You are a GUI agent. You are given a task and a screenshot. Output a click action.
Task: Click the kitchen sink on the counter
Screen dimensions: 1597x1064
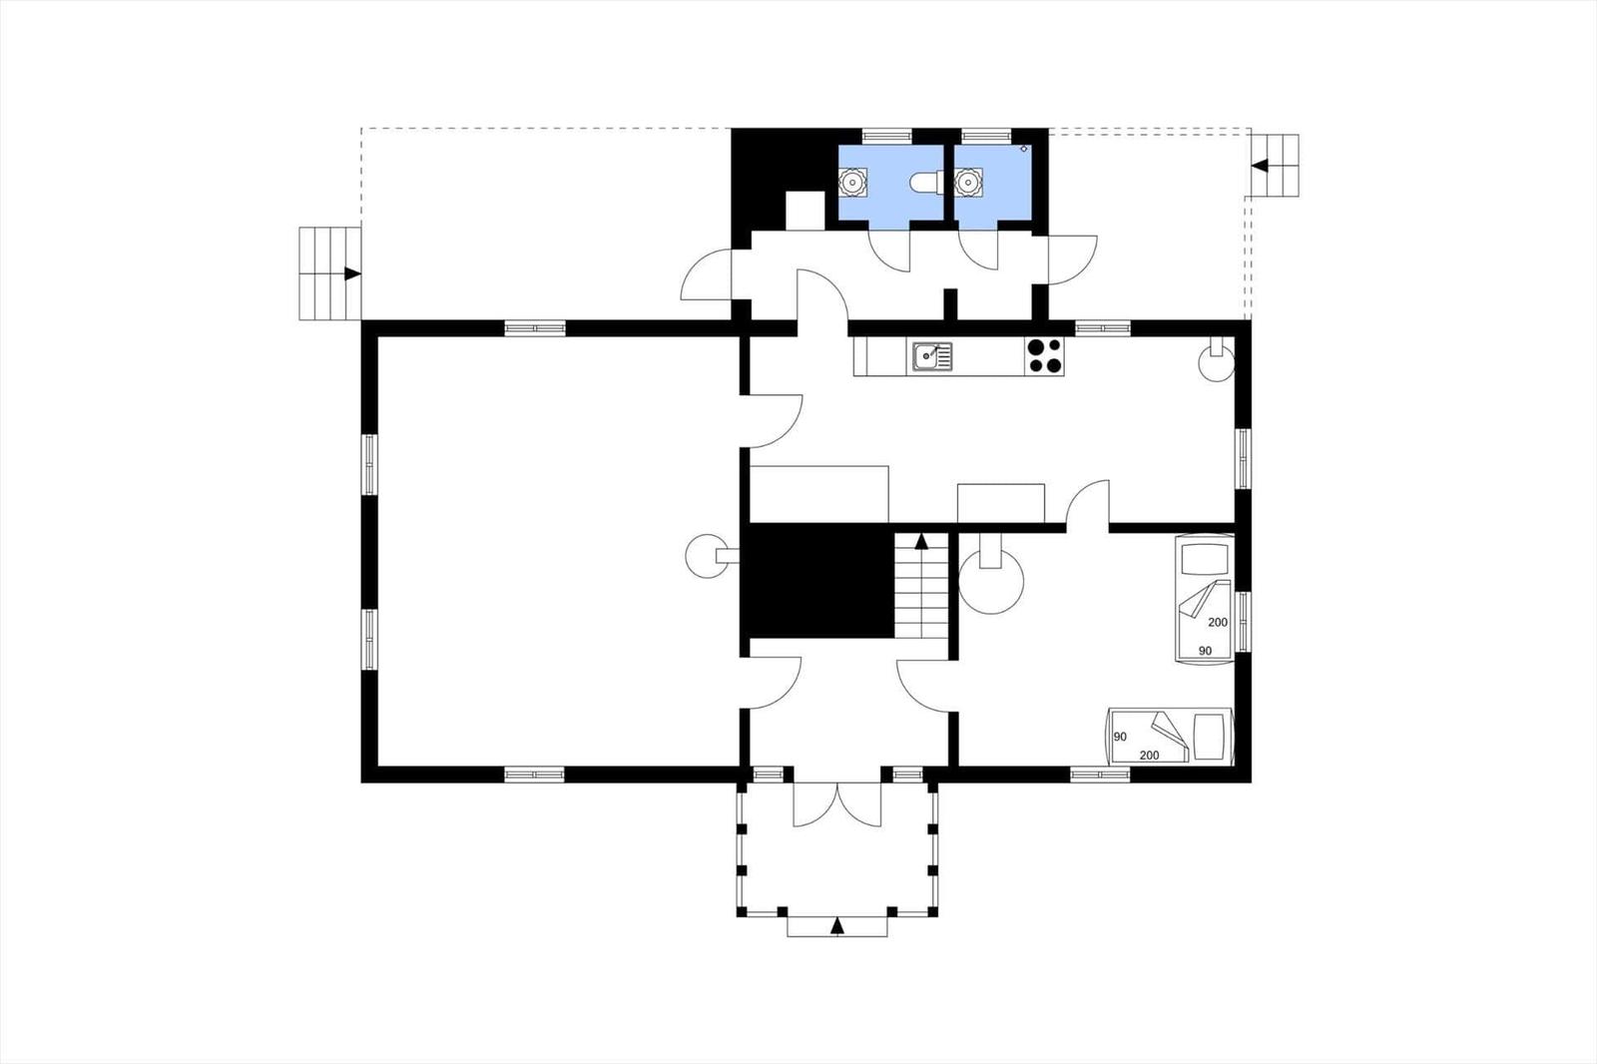coord(932,356)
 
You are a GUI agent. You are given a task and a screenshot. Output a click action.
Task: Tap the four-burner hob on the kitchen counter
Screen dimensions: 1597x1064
coord(1044,356)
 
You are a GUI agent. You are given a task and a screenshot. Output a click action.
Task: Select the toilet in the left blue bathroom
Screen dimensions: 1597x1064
coord(926,184)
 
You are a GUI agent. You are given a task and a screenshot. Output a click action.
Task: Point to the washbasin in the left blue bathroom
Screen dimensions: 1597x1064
coord(851,182)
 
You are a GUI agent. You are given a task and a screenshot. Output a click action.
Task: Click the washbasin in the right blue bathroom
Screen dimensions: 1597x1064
coord(968,182)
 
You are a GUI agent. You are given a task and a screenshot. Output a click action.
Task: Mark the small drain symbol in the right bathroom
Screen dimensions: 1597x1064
coord(1024,149)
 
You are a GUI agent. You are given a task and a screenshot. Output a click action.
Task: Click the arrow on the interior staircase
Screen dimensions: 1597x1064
coord(922,541)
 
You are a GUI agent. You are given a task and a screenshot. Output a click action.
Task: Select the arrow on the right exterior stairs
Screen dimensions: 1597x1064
coord(1259,166)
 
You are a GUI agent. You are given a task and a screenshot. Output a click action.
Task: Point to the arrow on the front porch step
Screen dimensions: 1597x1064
coord(837,926)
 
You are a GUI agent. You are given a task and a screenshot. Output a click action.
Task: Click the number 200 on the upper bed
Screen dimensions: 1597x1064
coord(1218,622)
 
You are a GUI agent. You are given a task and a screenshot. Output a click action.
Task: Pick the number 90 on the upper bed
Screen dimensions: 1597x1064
coord(1205,651)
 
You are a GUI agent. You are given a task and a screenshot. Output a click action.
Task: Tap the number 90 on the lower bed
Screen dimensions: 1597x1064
coord(1120,737)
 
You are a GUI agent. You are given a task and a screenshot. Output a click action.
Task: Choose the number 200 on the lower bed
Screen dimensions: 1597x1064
coord(1149,755)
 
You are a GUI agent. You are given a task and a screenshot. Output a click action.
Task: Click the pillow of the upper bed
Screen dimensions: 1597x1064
coord(1204,559)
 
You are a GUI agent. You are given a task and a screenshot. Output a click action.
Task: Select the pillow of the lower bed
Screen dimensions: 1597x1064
coord(1209,736)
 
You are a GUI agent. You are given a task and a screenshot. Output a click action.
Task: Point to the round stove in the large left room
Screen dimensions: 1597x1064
coord(706,556)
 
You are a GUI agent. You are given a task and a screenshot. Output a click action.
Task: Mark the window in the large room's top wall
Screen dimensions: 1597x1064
coord(535,328)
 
